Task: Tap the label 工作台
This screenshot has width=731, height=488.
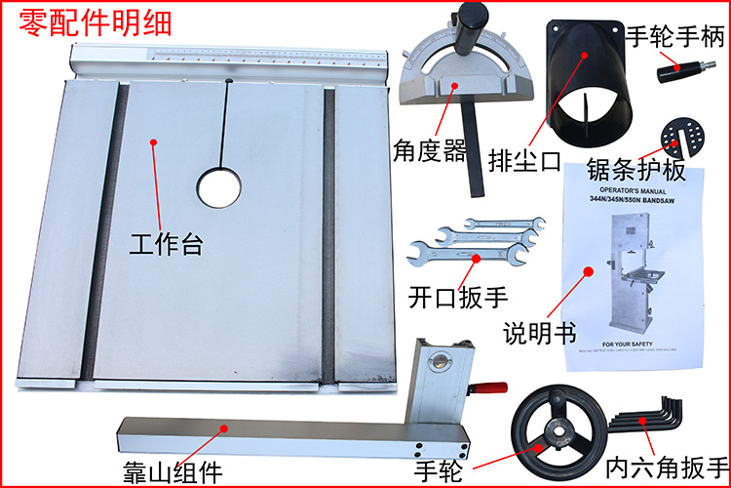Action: pyautogui.click(x=166, y=244)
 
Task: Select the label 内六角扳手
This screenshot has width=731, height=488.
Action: pyautogui.click(x=666, y=467)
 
